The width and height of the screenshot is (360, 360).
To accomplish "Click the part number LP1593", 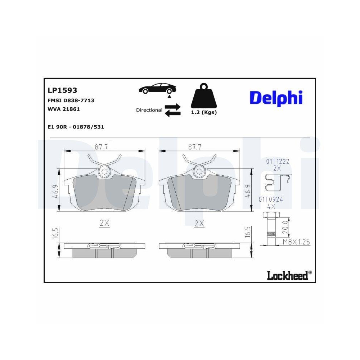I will [x=62, y=91].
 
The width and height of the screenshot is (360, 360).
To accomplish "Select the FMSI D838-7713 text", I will [x=71, y=100].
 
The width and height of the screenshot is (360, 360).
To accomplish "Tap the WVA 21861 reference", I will [x=64, y=109].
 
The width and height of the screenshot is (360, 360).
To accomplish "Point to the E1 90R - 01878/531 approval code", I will [x=76, y=127].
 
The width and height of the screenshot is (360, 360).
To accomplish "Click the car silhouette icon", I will [x=157, y=89].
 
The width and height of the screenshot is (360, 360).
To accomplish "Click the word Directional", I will [x=149, y=110].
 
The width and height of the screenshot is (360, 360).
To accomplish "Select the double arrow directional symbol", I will [x=172, y=110].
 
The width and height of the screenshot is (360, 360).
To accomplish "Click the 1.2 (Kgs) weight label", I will [x=204, y=112].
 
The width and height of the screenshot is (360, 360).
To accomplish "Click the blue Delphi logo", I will [x=276, y=98].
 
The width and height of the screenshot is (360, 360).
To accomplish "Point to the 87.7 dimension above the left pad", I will [x=102, y=147].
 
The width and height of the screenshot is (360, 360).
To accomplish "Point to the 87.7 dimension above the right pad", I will [x=195, y=147].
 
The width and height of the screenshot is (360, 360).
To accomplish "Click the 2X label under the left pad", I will [x=104, y=223].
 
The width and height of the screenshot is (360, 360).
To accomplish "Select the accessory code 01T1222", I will [x=278, y=162].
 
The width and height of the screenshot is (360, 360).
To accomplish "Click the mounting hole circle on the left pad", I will [x=104, y=172].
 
